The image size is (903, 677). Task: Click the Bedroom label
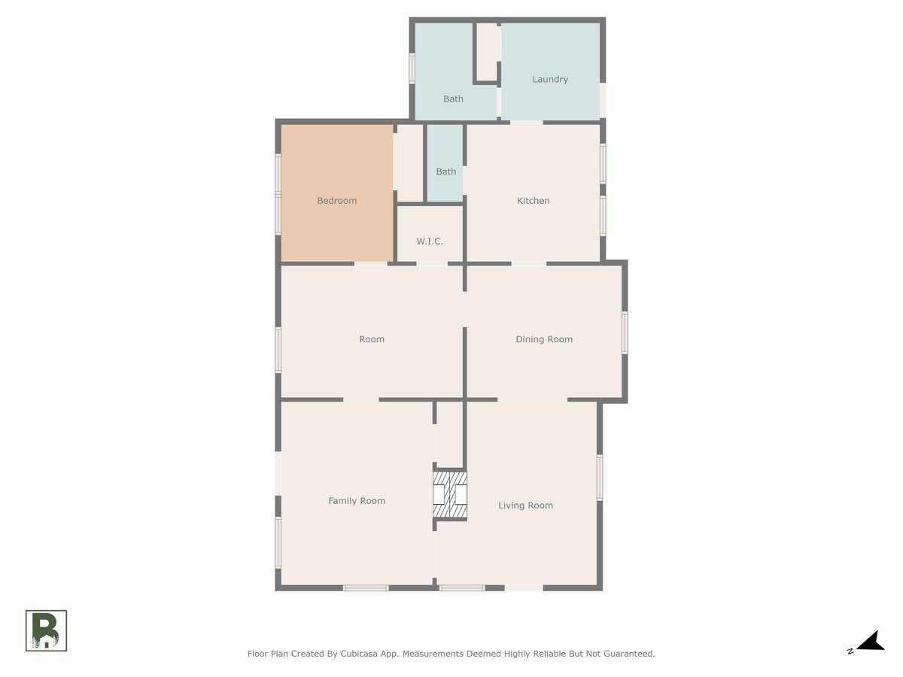(x=336, y=201)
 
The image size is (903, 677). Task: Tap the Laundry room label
(x=550, y=79)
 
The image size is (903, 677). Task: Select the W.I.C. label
(x=430, y=241)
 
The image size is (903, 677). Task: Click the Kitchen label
(x=533, y=201)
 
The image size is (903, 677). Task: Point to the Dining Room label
(x=544, y=339)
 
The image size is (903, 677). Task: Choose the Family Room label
(x=357, y=501)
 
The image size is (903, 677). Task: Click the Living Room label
(x=525, y=505)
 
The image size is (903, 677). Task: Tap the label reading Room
(x=372, y=339)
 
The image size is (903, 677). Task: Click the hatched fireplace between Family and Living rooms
(x=450, y=494)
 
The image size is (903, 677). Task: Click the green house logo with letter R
(x=47, y=630)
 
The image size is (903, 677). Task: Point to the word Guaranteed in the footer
(x=627, y=654)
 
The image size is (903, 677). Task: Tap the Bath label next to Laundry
(x=453, y=99)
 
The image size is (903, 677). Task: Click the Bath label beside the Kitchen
(x=446, y=172)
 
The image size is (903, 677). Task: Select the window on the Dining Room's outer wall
(x=625, y=332)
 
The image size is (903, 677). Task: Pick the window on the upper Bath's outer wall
(x=412, y=68)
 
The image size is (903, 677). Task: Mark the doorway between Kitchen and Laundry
(x=526, y=121)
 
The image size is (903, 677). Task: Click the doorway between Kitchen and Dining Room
(x=529, y=263)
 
